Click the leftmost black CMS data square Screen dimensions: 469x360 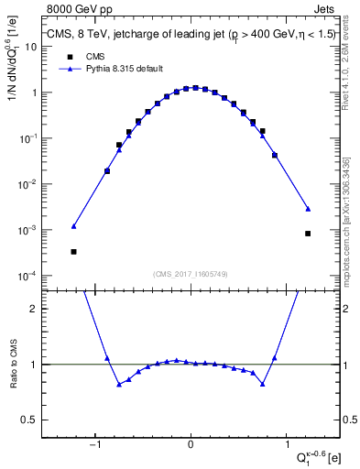pyautogui.click(x=73, y=251)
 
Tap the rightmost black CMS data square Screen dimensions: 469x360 pyautogui.click(x=308, y=234)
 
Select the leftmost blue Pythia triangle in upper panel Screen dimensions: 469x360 pyautogui.click(x=73, y=225)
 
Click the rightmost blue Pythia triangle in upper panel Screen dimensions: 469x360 pyautogui.click(x=308, y=208)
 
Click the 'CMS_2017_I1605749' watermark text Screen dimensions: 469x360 pyautogui.click(x=191, y=275)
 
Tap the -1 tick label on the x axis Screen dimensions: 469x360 pyautogui.click(x=94, y=446)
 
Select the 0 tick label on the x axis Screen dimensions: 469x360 pyautogui.click(x=191, y=446)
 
